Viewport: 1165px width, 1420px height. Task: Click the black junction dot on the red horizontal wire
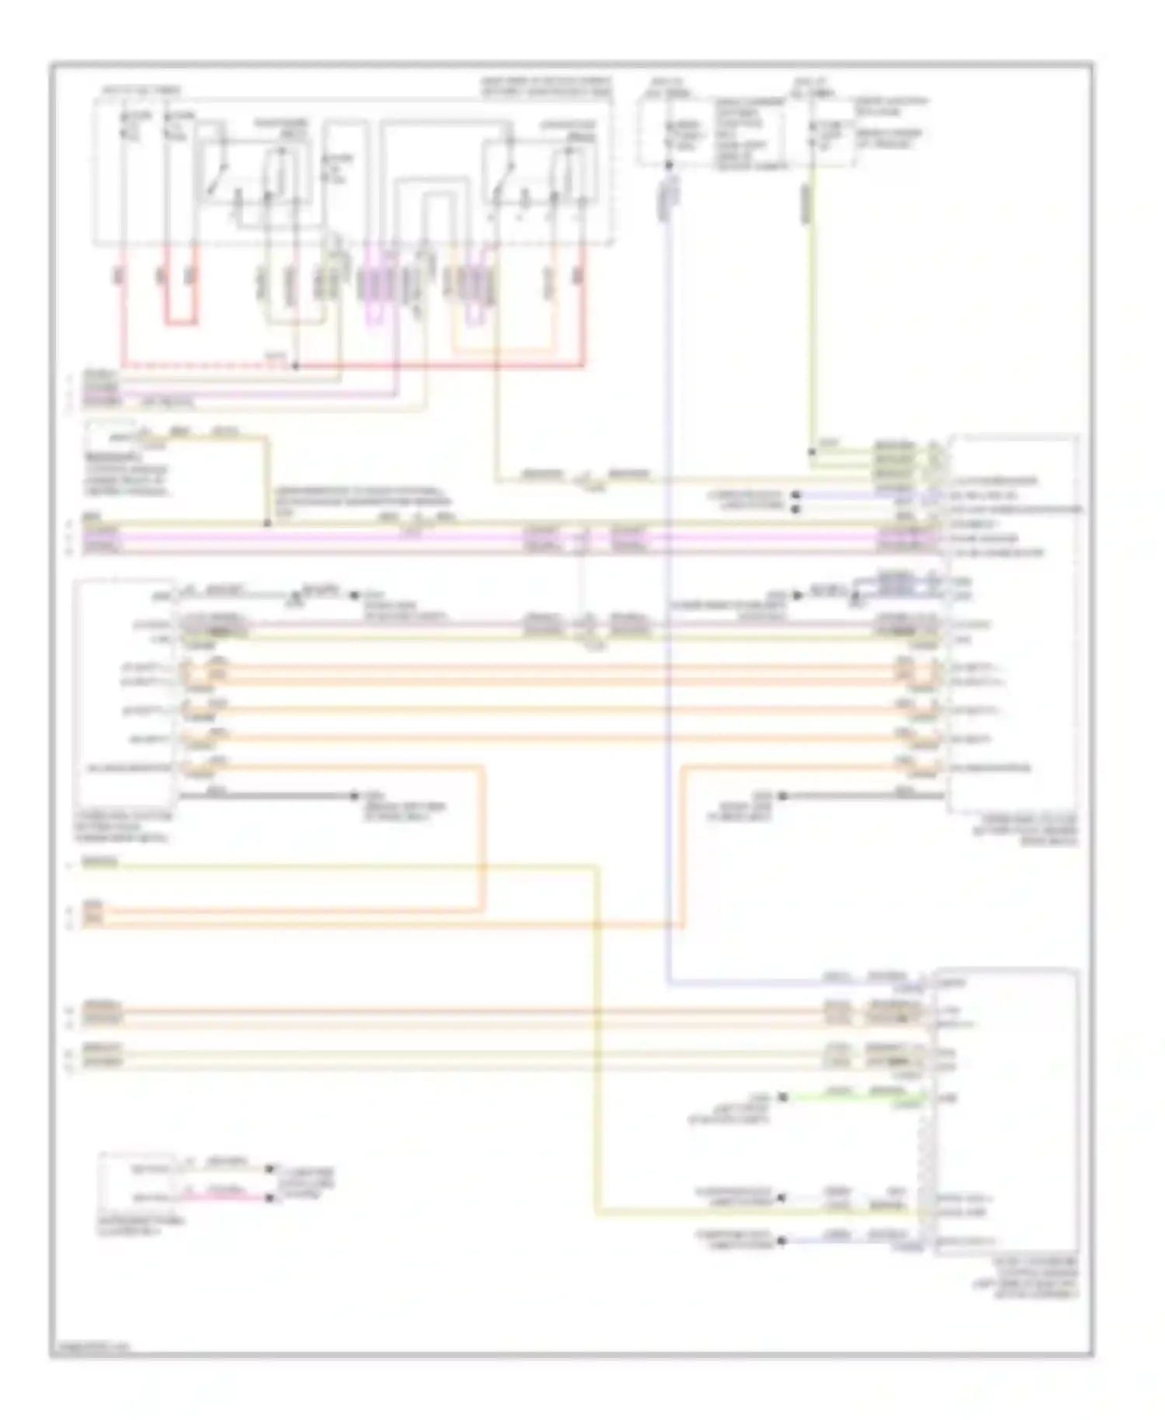296,364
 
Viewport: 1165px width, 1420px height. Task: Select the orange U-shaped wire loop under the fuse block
505,346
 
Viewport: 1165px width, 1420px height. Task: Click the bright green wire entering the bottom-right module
854,1096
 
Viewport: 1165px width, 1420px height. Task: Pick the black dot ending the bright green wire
783,1097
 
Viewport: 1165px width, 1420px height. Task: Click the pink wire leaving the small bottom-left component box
225,1197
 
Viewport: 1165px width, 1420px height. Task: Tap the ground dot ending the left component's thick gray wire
354,796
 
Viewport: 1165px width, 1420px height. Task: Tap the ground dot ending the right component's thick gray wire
783,796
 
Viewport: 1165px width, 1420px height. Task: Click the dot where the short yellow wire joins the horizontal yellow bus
267,524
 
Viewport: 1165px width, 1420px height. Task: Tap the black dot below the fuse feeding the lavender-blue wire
668,165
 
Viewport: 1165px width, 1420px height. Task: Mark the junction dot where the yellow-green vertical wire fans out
812,451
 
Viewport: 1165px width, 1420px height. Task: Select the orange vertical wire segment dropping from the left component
483,839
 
